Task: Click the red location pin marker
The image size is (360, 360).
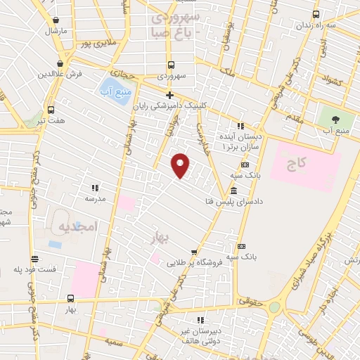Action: [181, 165]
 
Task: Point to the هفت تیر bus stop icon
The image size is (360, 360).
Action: [51, 110]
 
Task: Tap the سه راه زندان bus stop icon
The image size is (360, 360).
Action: [316, 15]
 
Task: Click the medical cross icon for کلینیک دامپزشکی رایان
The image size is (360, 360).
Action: [169, 95]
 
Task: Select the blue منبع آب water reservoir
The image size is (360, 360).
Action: [113, 91]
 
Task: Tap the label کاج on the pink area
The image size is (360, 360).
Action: [297, 163]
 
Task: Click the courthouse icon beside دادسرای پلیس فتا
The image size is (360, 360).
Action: [233, 191]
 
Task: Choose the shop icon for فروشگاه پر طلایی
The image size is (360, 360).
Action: [193, 252]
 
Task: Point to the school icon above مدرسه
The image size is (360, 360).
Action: [95, 188]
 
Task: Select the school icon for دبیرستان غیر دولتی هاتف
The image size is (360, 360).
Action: [200, 319]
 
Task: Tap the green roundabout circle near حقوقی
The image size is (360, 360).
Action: [274, 307]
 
